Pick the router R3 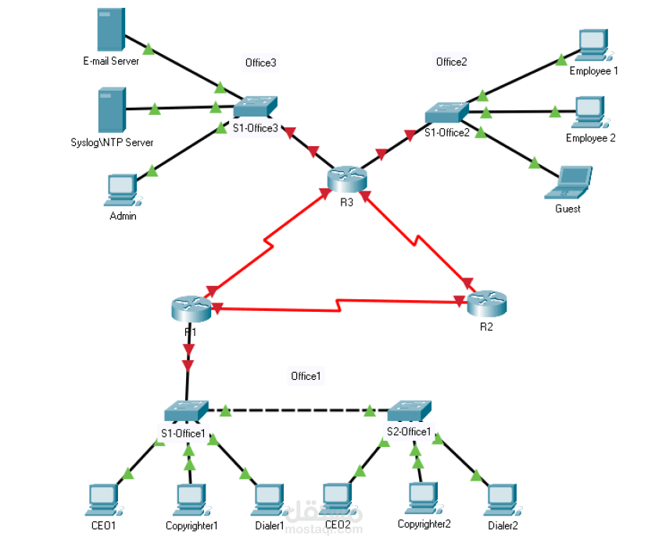click(347, 179)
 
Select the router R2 click(486, 303)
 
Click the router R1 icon click(190, 309)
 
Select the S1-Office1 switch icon click(186, 409)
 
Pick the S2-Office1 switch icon click(409, 409)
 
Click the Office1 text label click(306, 377)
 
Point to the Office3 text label click(261, 63)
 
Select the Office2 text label click(451, 63)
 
